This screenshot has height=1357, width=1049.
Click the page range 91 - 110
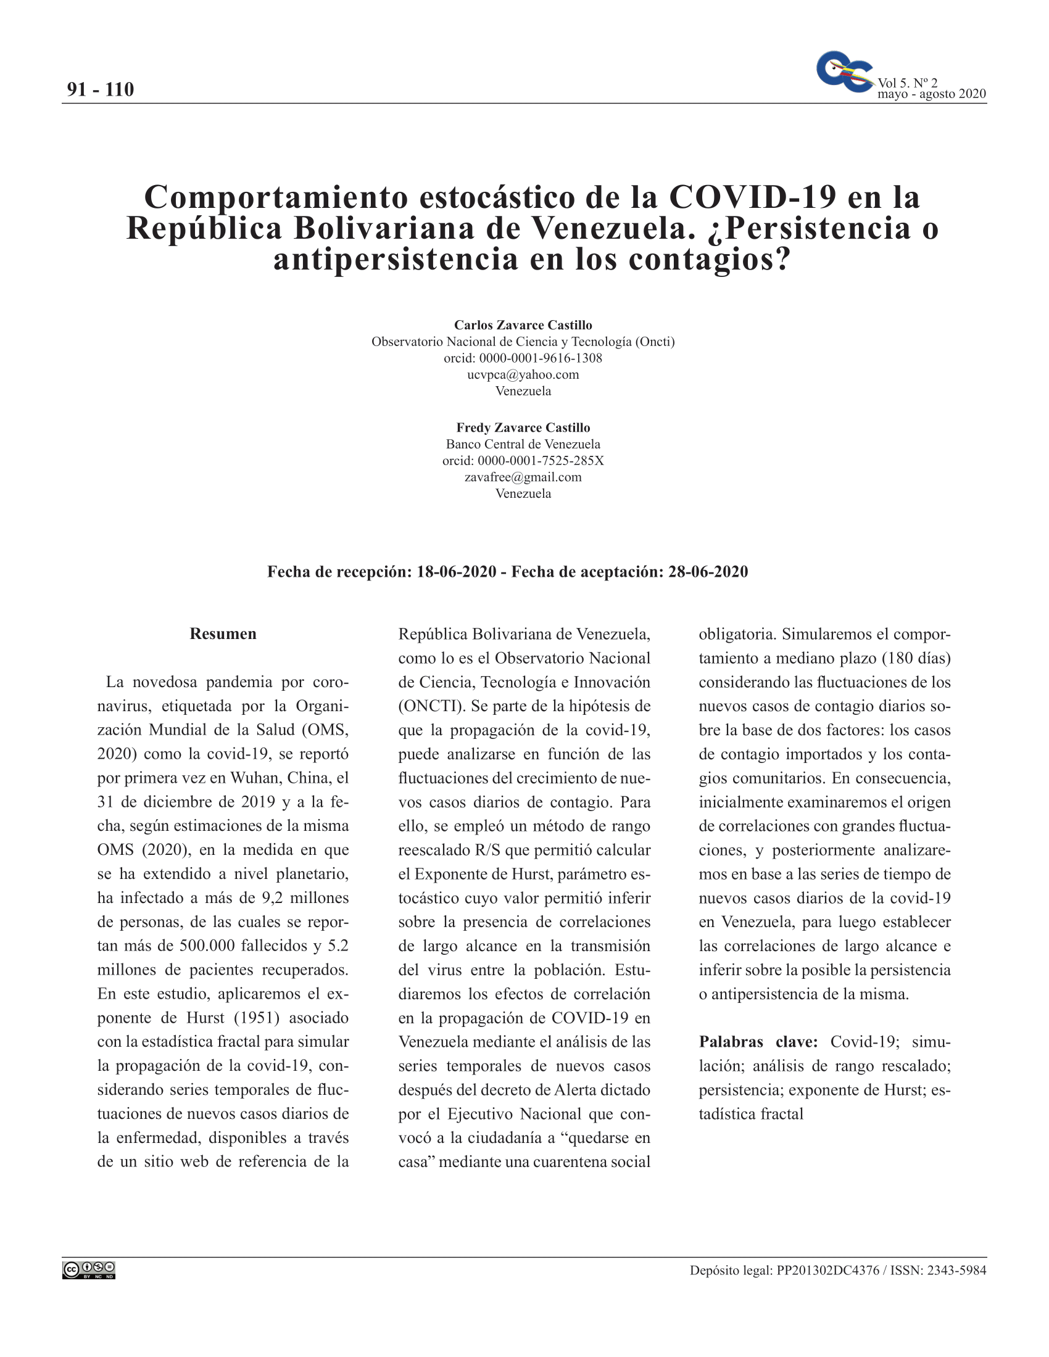pyautogui.click(x=100, y=89)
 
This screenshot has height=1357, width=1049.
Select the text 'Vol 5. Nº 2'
pyautogui.click(x=907, y=83)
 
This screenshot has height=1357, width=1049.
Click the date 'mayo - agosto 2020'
pyautogui.click(x=931, y=94)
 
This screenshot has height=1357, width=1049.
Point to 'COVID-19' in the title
pyautogui.click(x=753, y=197)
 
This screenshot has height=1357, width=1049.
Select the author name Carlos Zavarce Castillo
pyautogui.click(x=523, y=325)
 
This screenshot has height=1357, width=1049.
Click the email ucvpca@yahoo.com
pyautogui.click(x=523, y=374)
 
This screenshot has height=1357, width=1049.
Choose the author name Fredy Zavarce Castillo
pyautogui.click(x=523, y=427)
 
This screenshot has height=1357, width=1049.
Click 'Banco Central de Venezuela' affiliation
pyautogui.click(x=523, y=444)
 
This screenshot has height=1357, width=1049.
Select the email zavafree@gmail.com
pyautogui.click(x=523, y=477)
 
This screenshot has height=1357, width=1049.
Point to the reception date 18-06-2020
pyautogui.click(x=456, y=572)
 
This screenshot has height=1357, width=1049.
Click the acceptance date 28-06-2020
pyautogui.click(x=708, y=572)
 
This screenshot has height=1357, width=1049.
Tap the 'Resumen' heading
pyautogui.click(x=223, y=633)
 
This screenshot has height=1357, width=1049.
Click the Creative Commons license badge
pyautogui.click(x=89, y=1271)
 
